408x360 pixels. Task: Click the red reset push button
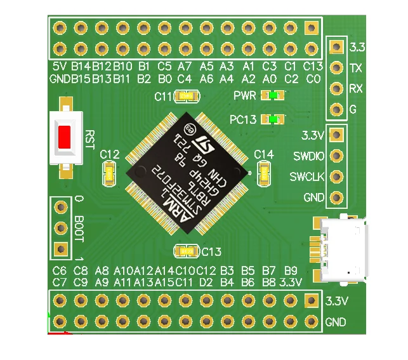click(65, 138)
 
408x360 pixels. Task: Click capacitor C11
click(187, 97)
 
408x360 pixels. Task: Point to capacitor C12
click(110, 172)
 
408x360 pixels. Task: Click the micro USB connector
click(343, 249)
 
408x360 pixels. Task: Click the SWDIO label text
click(309, 156)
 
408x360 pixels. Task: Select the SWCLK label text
click(308, 176)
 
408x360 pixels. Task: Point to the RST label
click(89, 139)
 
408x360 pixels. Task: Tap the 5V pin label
click(59, 66)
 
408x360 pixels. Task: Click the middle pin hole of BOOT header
click(61, 228)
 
